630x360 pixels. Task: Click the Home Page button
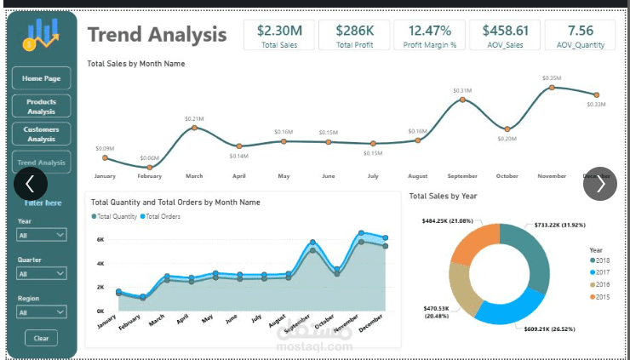[41, 78]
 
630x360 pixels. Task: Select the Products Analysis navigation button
[41, 106]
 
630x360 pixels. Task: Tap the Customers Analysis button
[41, 134]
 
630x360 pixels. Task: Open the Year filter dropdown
[42, 235]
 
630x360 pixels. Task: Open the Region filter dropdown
[42, 312]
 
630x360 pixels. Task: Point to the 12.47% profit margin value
[430, 31]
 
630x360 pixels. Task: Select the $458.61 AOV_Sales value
[505, 31]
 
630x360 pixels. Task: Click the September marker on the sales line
[462, 100]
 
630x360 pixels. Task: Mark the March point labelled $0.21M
[194, 128]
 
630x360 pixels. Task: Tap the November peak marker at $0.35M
[552, 87]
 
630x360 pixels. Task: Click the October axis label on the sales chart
[507, 176]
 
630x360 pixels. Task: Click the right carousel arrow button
[599, 183]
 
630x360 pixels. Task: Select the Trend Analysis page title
[157, 35]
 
